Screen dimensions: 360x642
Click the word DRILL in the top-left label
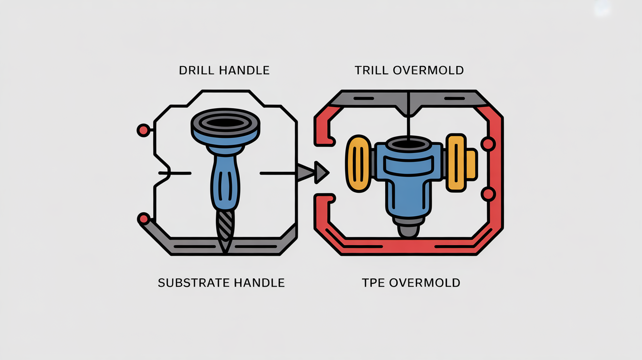coord(196,70)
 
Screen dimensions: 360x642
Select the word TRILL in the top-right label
coord(372,70)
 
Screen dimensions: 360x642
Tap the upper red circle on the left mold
coord(143,130)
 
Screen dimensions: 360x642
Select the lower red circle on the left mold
coord(143,218)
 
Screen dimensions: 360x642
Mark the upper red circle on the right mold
coord(488,144)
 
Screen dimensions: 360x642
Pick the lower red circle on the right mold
coord(488,194)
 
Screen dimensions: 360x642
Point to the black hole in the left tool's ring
coord(225,121)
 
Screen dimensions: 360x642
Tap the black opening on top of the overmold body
coord(409,144)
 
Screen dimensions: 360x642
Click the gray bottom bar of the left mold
coord(225,247)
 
